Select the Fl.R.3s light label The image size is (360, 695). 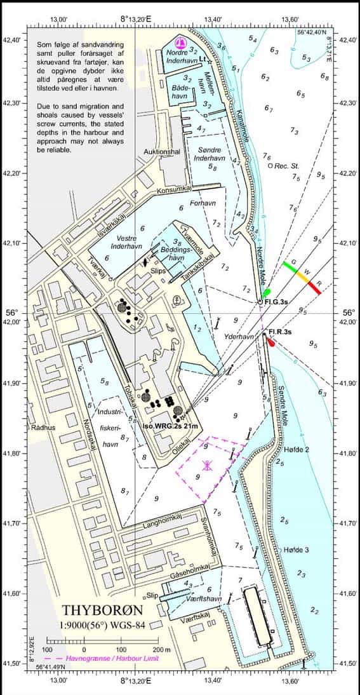click(280, 332)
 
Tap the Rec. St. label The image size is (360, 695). click(286, 166)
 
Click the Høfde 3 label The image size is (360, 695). click(296, 550)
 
